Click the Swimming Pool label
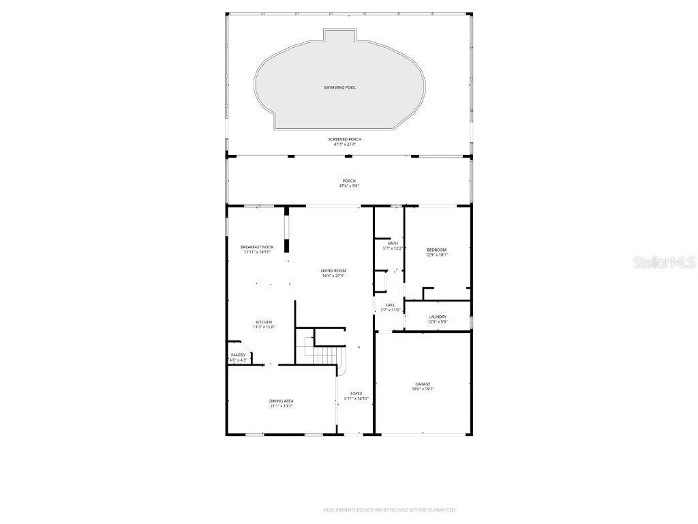point(339,87)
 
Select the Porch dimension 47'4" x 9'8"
point(348,186)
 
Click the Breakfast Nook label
point(257,247)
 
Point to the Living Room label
point(333,271)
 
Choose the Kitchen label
point(264,322)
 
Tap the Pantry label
point(238,355)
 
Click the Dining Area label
point(281,401)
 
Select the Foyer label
point(356,394)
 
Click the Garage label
point(423,384)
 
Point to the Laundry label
point(438,317)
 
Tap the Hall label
point(391,305)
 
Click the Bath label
point(393,243)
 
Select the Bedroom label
point(436,250)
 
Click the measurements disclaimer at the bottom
point(389,510)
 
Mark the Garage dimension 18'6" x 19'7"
point(423,390)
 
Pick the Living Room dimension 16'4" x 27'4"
point(333,276)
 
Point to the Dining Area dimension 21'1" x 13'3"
point(281,406)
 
